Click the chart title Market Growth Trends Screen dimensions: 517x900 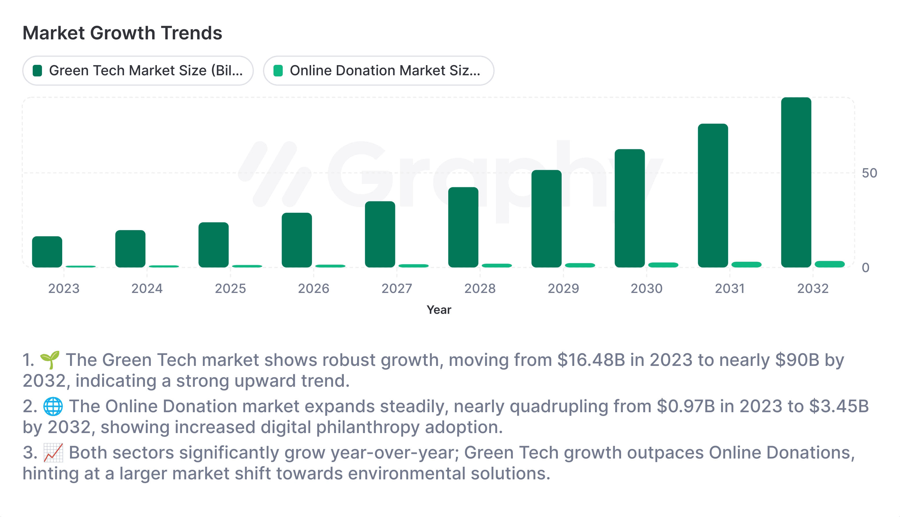click(122, 33)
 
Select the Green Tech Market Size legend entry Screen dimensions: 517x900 click(138, 71)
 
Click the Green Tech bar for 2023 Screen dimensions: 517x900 click(47, 252)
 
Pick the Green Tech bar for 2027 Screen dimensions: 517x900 click(380, 234)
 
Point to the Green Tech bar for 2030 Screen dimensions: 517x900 click(630, 208)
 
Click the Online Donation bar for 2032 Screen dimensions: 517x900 click(829, 264)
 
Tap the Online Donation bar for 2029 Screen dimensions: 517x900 click(580, 265)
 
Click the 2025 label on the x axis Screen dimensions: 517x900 click(230, 288)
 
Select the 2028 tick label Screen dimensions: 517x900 click(480, 288)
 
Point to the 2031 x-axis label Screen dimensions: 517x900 click(730, 288)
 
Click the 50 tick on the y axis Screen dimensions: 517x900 click(869, 173)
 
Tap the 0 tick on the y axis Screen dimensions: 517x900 click(866, 268)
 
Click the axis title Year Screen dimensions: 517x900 click(439, 310)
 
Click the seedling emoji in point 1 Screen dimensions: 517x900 click(50, 360)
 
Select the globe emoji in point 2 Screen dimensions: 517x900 click(53, 407)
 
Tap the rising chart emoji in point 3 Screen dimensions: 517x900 click(53, 453)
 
